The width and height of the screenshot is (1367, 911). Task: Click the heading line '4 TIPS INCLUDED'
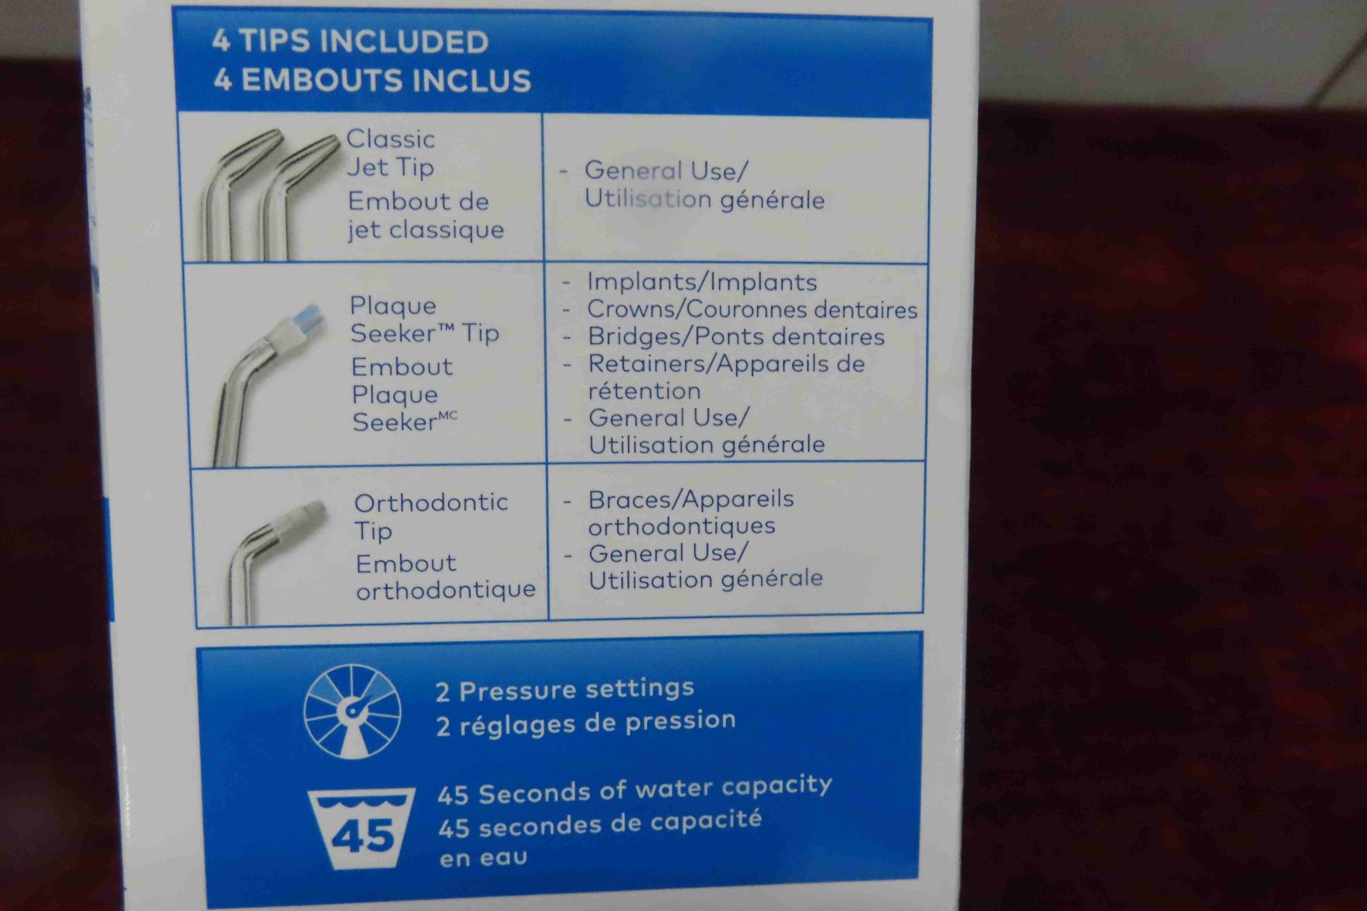pos(350,41)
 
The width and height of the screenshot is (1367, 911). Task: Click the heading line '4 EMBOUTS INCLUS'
pos(372,80)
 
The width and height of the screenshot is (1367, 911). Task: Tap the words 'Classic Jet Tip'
pos(390,153)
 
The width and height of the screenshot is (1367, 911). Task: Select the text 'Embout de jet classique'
pos(426,215)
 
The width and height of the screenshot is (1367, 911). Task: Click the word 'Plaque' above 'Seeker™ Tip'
pos(393,305)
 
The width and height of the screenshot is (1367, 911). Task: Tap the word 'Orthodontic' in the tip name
pos(431,502)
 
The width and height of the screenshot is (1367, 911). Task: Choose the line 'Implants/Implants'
pos(702,282)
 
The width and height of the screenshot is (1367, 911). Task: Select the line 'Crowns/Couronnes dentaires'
pos(752,309)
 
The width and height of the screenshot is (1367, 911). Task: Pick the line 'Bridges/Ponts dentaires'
pos(736,336)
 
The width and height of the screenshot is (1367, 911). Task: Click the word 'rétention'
pos(645,391)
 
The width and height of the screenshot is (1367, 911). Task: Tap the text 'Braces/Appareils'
pos(691,499)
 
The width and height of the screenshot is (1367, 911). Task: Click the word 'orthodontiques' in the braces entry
pos(682,526)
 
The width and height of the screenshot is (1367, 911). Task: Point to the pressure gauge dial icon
pos(352,711)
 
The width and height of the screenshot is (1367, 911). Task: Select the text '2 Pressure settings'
pos(565,690)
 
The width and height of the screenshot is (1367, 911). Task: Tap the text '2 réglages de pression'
pos(586,722)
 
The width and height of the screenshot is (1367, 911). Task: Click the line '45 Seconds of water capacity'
pos(635,790)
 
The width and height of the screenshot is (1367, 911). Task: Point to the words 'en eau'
pos(483,858)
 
